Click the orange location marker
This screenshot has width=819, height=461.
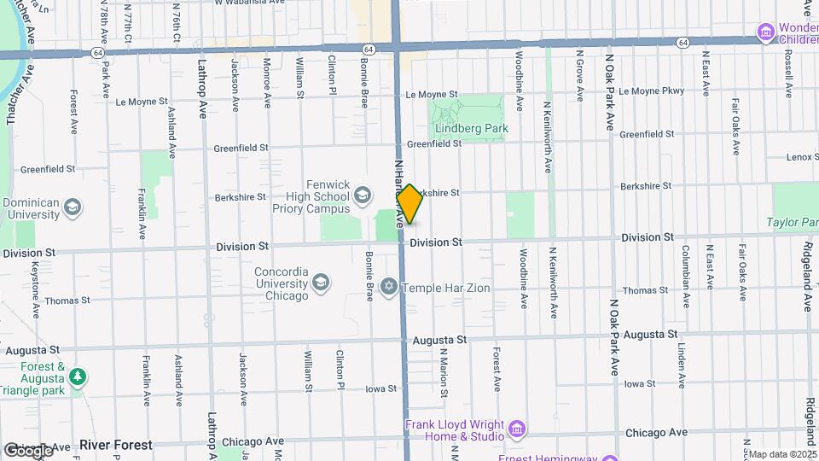[x=409, y=204]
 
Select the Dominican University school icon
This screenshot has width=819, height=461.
[x=73, y=207]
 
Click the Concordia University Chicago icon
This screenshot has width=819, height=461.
[x=321, y=283]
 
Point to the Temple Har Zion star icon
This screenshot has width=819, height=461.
[x=389, y=288]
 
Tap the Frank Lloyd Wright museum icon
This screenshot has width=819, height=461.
[x=515, y=428]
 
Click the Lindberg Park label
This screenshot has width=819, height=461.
[x=471, y=128]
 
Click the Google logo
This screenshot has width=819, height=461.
[x=28, y=450]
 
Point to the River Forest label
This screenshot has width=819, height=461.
[x=116, y=445]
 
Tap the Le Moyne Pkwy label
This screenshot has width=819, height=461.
[x=652, y=90]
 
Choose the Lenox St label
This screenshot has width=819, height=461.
[x=802, y=157]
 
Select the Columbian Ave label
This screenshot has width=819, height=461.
[x=684, y=266]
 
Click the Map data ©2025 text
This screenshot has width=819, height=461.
[x=783, y=454]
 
